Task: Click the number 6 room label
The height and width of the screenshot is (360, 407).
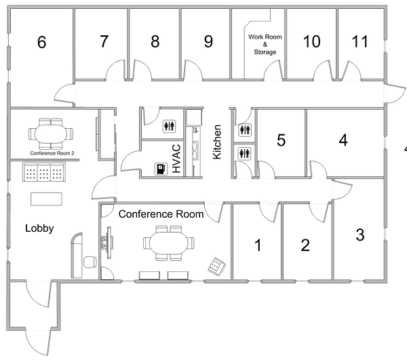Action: point(41,43)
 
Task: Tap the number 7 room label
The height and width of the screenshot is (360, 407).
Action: point(103,42)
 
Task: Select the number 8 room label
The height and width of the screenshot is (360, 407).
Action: point(155,42)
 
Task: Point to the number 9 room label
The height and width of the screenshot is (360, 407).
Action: point(208,42)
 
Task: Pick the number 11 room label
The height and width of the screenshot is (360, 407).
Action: point(360,42)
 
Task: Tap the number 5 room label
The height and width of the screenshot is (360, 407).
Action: point(280,140)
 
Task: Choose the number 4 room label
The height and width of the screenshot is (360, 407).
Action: point(343,140)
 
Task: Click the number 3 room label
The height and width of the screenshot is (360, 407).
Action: point(360,236)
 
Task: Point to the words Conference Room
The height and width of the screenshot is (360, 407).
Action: point(161,214)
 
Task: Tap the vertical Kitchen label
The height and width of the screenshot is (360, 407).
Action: point(218,142)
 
